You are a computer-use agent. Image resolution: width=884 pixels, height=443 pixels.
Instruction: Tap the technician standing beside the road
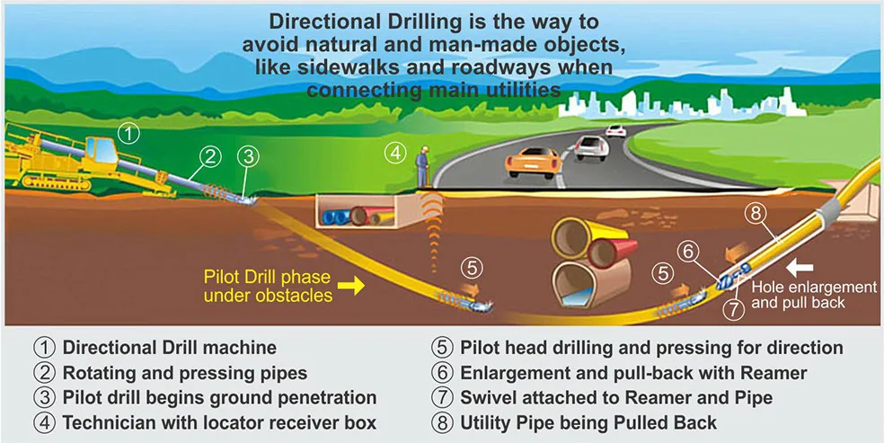point(422,167)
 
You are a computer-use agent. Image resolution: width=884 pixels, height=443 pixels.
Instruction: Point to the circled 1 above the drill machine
point(130,135)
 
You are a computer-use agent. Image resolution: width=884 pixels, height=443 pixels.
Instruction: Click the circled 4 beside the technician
point(395,152)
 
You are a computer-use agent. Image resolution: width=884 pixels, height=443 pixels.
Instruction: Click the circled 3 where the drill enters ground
point(248,156)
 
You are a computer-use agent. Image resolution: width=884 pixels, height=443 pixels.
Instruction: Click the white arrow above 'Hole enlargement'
point(801,266)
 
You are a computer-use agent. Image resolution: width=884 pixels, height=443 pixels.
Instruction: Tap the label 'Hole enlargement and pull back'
point(813,295)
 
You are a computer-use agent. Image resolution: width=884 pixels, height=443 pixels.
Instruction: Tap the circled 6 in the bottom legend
point(442,372)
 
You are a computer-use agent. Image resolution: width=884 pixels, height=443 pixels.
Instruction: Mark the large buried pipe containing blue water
point(588,288)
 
